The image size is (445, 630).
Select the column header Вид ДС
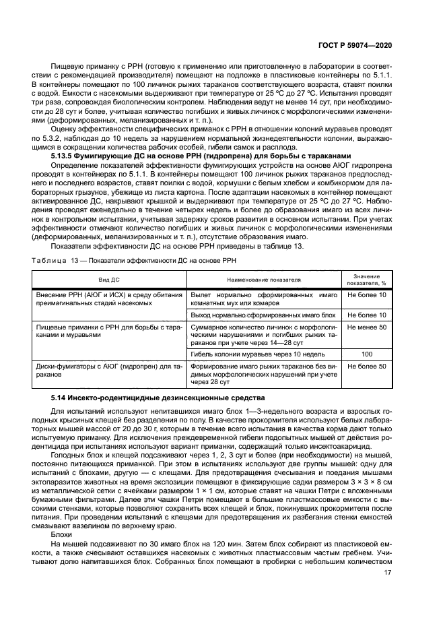[110, 278]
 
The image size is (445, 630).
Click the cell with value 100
[366, 354]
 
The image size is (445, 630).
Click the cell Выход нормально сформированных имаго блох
[263, 315]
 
